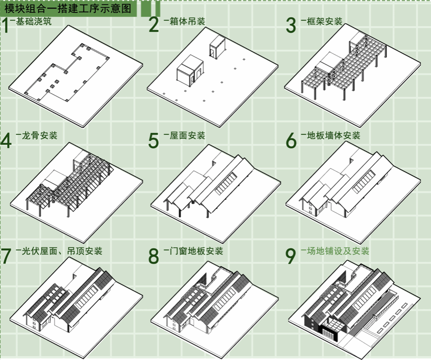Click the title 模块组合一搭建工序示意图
70,8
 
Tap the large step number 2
154,25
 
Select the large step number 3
291,25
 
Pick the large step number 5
154,141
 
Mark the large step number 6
291,140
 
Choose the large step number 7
6,256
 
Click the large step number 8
154,256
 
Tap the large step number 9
291,256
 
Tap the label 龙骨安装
39,136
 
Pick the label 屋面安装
187,136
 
